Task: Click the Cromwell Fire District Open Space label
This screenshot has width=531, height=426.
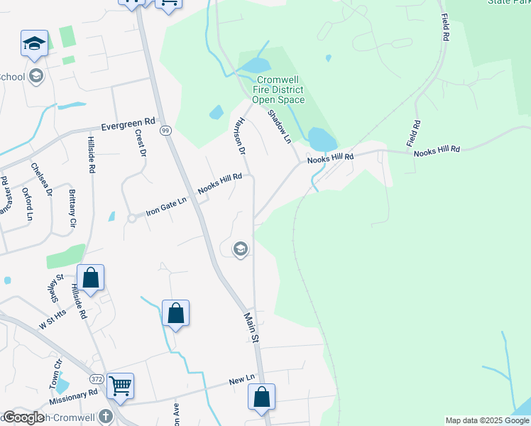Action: pyautogui.click(x=280, y=90)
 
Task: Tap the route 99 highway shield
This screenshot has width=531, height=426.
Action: pyautogui.click(x=165, y=131)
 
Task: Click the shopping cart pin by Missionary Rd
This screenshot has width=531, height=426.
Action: pyautogui.click(x=120, y=386)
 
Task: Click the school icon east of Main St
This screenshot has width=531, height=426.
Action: pyautogui.click(x=241, y=248)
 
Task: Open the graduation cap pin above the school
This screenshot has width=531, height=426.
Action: pyautogui.click(x=34, y=44)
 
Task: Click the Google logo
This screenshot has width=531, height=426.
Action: pyautogui.click(x=23, y=417)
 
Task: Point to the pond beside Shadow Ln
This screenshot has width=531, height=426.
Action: pyautogui.click(x=321, y=138)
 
